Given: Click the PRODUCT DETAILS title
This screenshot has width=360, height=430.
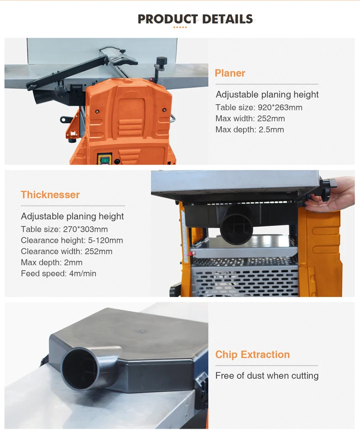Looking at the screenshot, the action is (x=195, y=19).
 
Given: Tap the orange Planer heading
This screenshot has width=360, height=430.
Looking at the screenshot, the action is (x=230, y=73).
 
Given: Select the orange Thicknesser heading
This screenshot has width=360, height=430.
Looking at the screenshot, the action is (x=50, y=195).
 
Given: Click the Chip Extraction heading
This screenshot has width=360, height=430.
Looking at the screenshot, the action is (x=252, y=354).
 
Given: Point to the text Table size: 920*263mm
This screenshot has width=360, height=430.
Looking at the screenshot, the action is (x=259, y=107).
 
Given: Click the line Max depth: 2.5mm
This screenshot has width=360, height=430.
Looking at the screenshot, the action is (x=250, y=130).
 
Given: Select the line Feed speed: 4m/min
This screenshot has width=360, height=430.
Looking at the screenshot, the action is (x=59, y=274).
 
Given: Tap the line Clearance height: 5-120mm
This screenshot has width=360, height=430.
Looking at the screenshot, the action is (x=72, y=240).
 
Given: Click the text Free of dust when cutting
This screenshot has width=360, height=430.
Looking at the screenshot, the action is (x=267, y=375).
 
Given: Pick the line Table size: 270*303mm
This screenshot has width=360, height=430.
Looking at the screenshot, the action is (x=64, y=229).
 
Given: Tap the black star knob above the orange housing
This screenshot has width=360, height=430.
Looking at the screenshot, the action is (x=162, y=60).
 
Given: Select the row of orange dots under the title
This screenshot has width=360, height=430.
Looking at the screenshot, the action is (x=180, y=27).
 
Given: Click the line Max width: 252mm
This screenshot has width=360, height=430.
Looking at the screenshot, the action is (x=250, y=119).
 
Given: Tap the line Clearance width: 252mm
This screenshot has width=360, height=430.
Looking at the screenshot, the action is (x=67, y=251).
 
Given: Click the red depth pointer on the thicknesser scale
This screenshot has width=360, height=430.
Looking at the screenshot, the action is (x=193, y=253).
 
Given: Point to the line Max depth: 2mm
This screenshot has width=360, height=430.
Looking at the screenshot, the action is (x=51, y=263).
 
